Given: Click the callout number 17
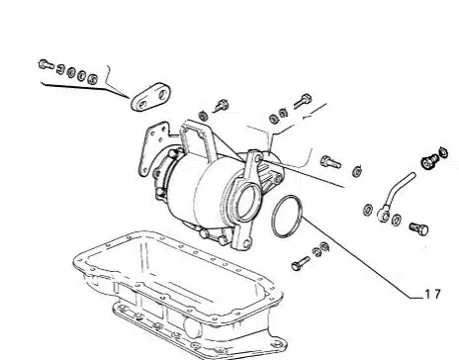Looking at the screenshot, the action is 433,294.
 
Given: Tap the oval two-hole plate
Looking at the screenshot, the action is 151,97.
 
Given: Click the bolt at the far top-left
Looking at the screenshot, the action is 46,64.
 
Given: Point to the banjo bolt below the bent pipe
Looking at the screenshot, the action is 419,228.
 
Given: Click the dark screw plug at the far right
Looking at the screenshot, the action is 430,161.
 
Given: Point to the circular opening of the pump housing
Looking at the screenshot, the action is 246,202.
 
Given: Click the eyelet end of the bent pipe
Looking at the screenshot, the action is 384,215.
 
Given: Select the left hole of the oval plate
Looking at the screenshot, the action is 142,105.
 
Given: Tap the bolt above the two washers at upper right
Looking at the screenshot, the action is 303,101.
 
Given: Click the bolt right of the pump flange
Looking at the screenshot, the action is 330,162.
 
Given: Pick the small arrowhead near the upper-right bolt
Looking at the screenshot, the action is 307,116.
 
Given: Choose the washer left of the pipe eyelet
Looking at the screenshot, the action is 368,210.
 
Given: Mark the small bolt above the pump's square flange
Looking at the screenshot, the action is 222,106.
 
